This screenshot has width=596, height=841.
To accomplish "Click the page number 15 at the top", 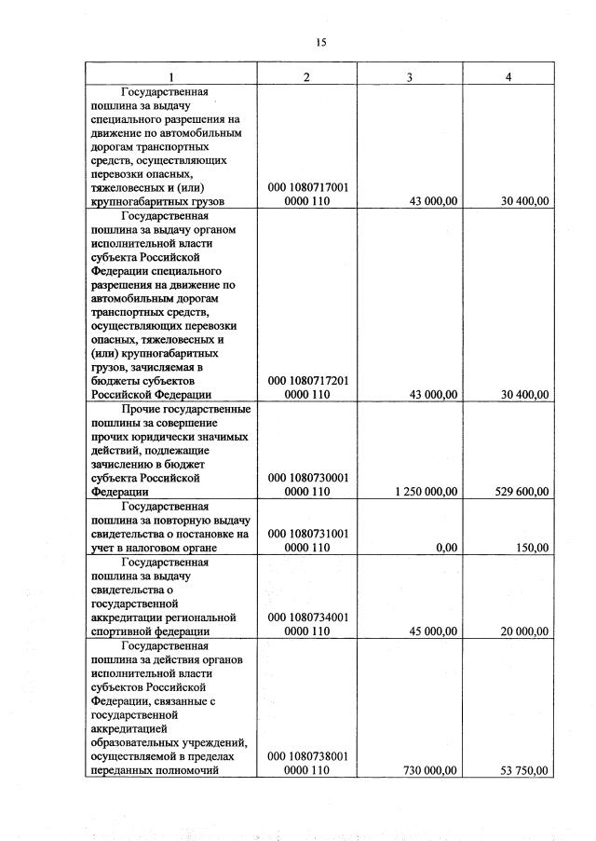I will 321,42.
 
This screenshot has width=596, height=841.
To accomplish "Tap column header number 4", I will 508,76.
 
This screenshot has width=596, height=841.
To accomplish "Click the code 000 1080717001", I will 307,187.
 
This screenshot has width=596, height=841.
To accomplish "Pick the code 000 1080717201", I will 307,381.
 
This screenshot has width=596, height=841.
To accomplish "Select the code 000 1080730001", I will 307,478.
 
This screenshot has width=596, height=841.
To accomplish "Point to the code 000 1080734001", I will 307,617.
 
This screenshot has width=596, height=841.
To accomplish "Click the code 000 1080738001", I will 307,757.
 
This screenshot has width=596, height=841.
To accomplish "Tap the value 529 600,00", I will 520,492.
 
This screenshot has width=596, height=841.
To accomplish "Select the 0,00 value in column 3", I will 446,548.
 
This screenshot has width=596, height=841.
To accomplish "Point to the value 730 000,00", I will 429,771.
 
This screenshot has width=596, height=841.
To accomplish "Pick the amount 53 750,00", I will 525,771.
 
